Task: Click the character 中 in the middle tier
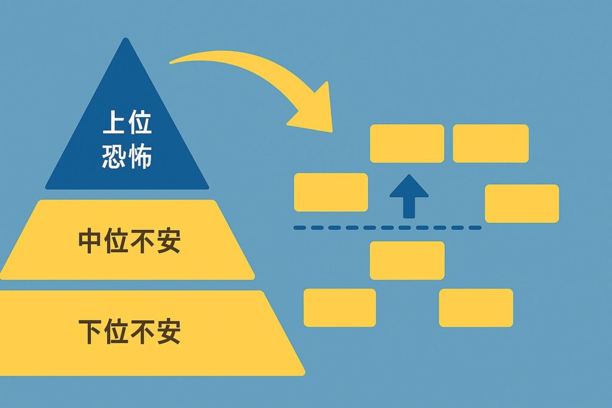tap(90, 241)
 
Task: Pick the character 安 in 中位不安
tap(168, 241)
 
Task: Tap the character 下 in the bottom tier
tap(90, 332)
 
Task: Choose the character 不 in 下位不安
tap(142, 332)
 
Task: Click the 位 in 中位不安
tap(116, 241)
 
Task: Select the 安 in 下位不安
tap(168, 332)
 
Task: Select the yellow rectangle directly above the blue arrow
tap(407, 143)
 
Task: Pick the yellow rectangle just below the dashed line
tap(407, 260)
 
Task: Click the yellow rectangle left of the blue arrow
tap(331, 192)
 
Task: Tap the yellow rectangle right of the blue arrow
tap(522, 204)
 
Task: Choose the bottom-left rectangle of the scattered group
tap(339, 308)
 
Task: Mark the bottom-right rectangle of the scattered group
tap(476, 308)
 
